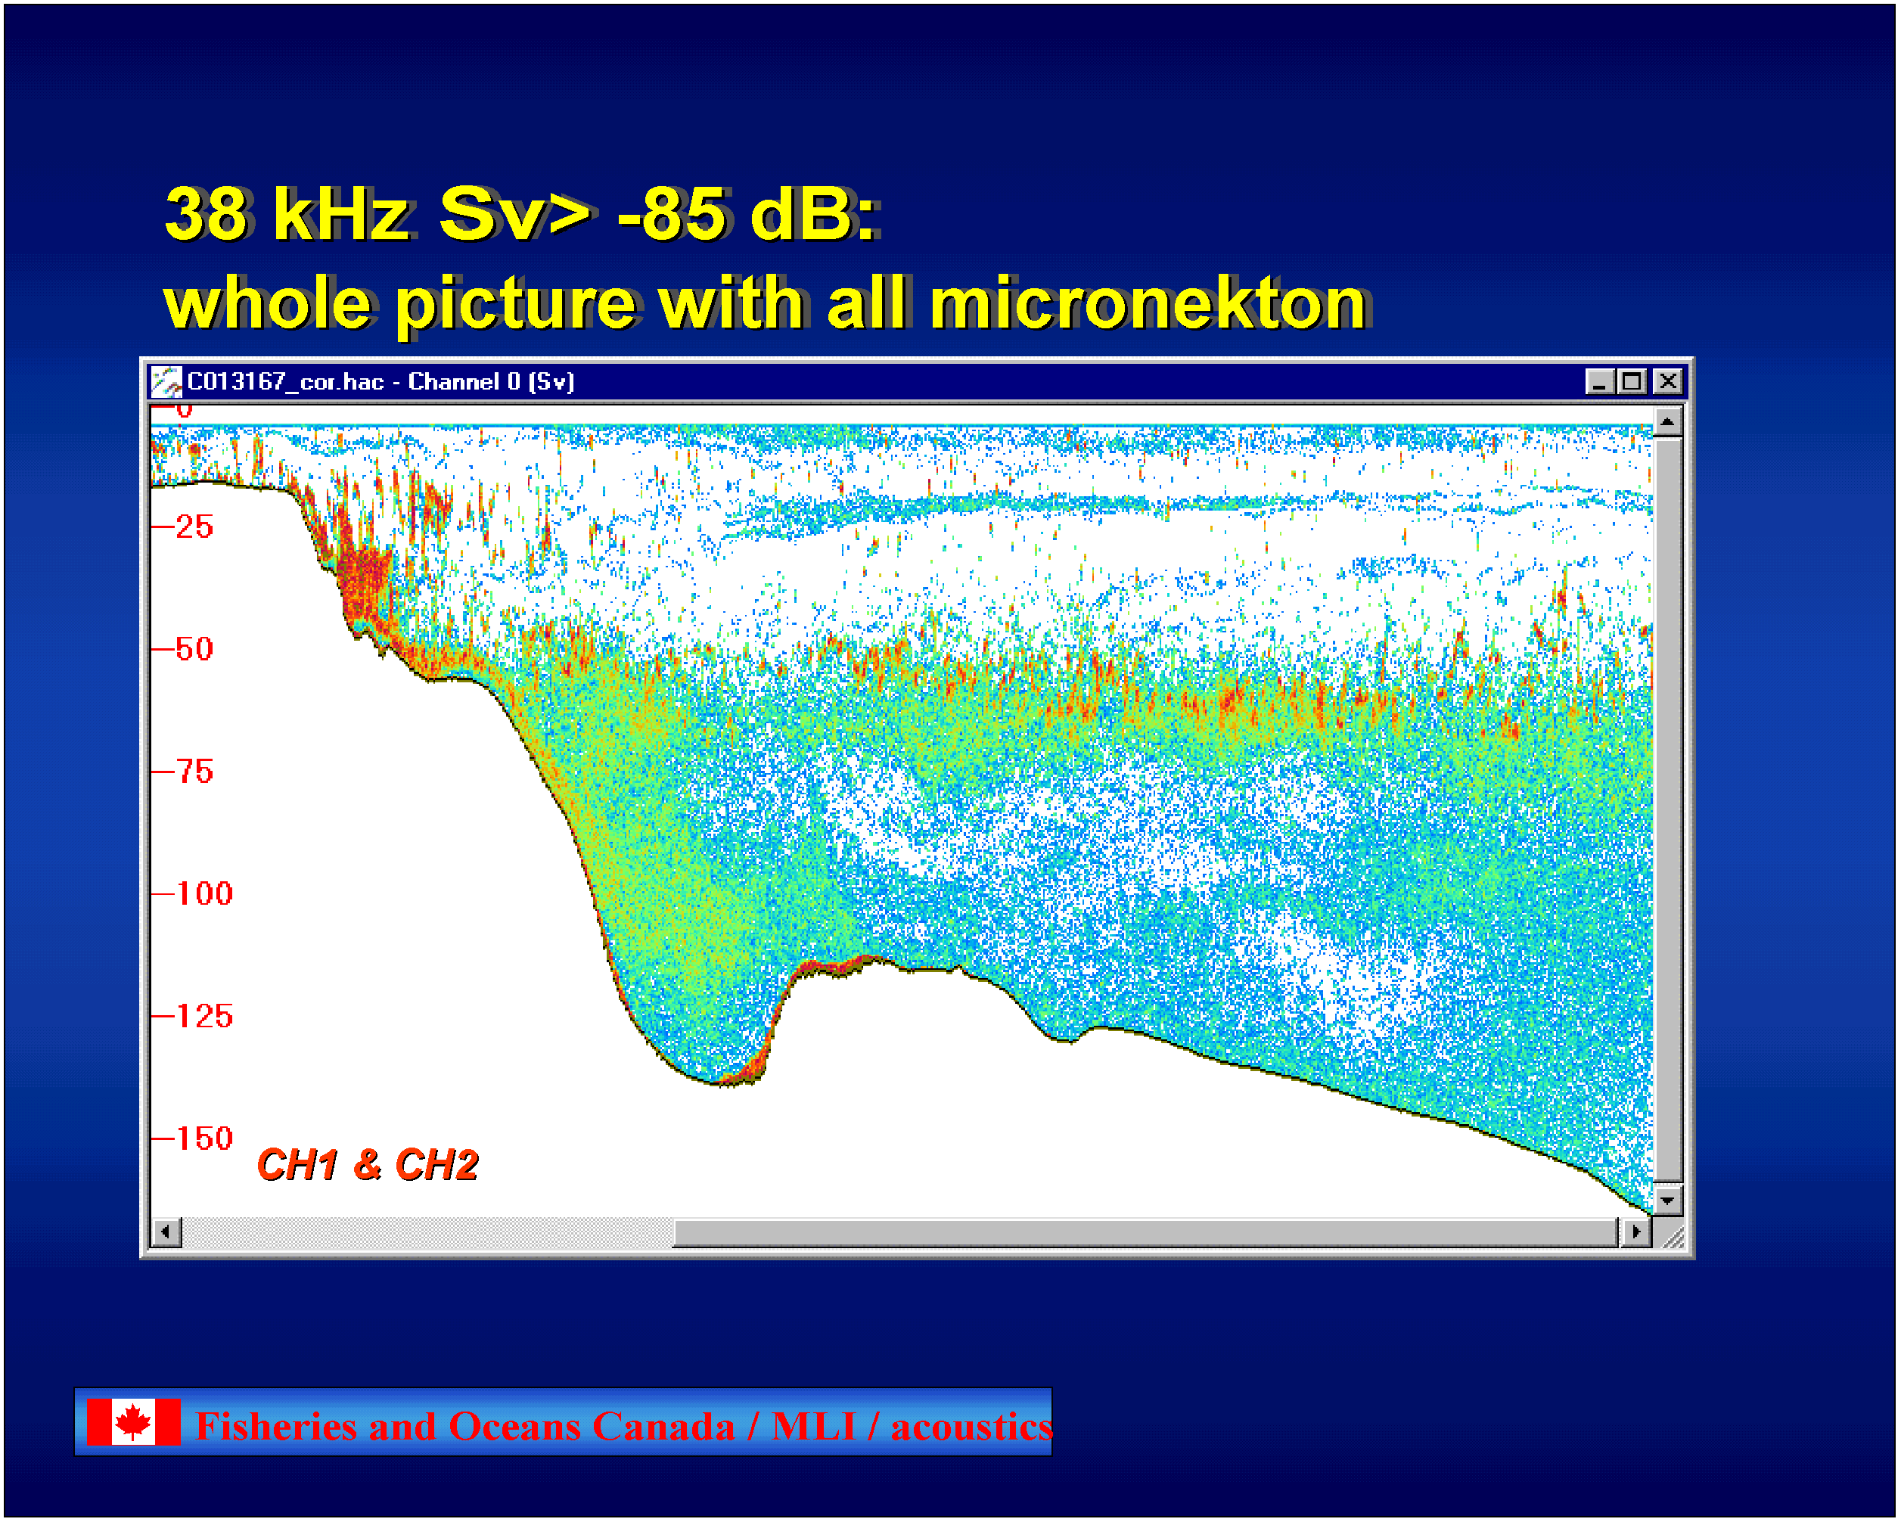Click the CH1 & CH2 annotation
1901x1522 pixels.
point(368,1166)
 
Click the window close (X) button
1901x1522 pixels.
point(1668,382)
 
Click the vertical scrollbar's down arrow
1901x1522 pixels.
point(1667,1201)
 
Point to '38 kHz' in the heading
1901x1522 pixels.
point(287,214)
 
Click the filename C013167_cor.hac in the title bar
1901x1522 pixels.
point(286,382)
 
